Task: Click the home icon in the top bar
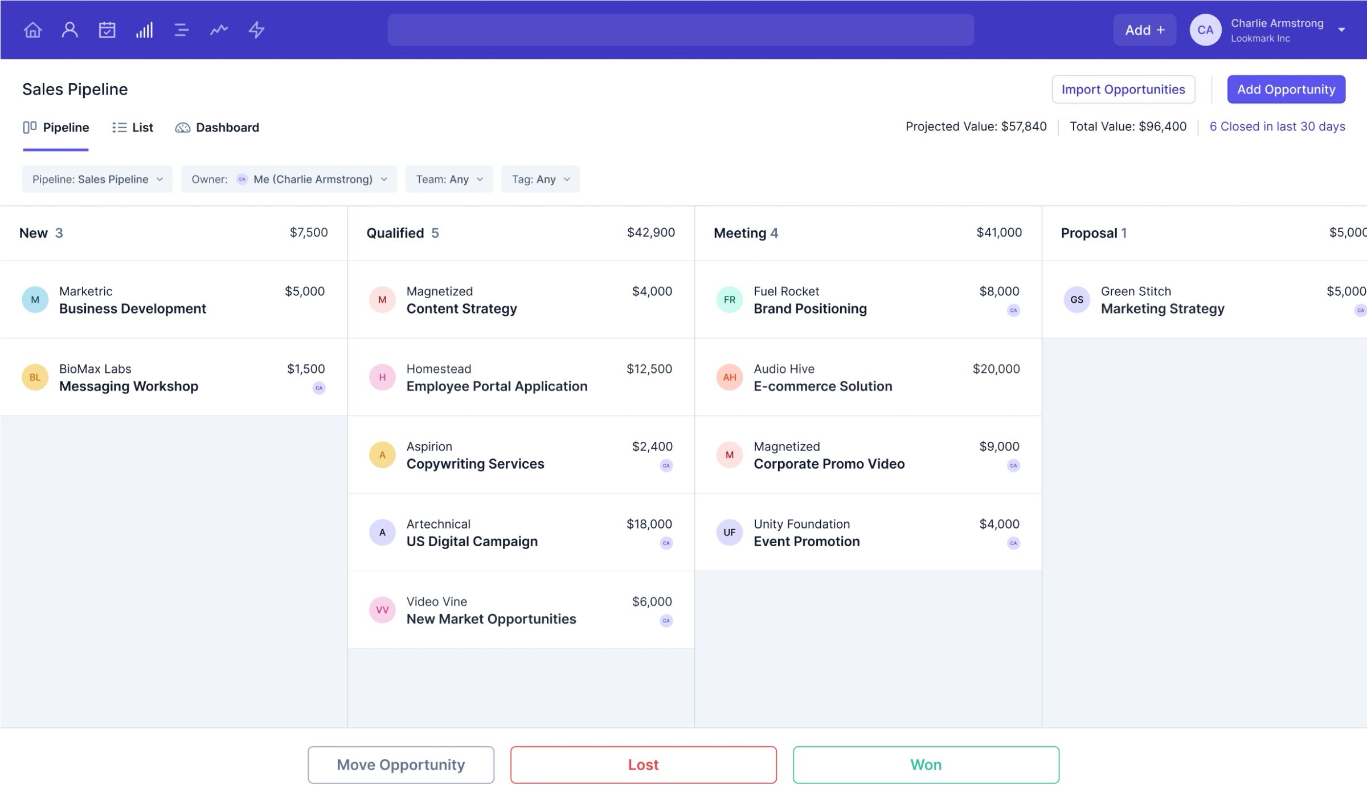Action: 32,30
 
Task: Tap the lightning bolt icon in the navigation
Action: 256,30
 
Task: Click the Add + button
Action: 1144,30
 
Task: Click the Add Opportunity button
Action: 1286,90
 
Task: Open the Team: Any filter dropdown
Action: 449,179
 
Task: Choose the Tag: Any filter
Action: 540,179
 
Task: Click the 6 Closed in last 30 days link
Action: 1277,127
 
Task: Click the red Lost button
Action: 643,765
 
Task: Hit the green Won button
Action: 926,765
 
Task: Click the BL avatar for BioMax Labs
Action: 35,377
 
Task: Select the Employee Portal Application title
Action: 497,386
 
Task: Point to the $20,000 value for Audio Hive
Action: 996,369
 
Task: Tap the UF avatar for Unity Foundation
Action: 729,532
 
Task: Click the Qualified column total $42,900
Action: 650,233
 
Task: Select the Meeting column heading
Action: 739,233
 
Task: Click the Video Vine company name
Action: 436,601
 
